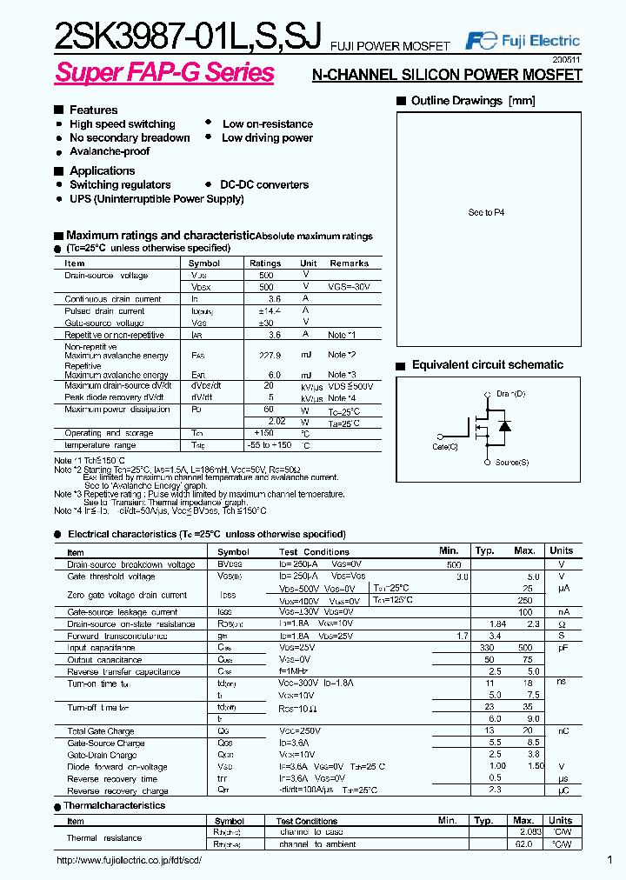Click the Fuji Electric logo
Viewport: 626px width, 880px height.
[523, 41]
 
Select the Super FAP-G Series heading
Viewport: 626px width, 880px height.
[164, 73]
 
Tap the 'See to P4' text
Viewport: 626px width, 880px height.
[486, 212]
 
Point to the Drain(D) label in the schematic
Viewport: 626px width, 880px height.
[510, 395]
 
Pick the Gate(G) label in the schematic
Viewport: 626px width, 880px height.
[444, 447]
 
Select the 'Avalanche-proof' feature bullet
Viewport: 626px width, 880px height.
[110, 151]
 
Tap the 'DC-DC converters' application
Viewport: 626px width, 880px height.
[264, 185]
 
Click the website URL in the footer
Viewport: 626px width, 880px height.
[129, 860]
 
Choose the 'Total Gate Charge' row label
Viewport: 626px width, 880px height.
[102, 731]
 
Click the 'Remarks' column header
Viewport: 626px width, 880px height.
[349, 263]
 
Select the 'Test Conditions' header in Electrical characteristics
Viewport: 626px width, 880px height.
[314, 551]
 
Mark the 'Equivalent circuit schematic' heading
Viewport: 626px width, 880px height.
[487, 365]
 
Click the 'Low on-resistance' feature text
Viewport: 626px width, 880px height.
[267, 124]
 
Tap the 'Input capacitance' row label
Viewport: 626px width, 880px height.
[101, 648]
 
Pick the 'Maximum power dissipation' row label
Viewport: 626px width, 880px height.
[117, 410]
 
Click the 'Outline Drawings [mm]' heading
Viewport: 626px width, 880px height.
[473, 101]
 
